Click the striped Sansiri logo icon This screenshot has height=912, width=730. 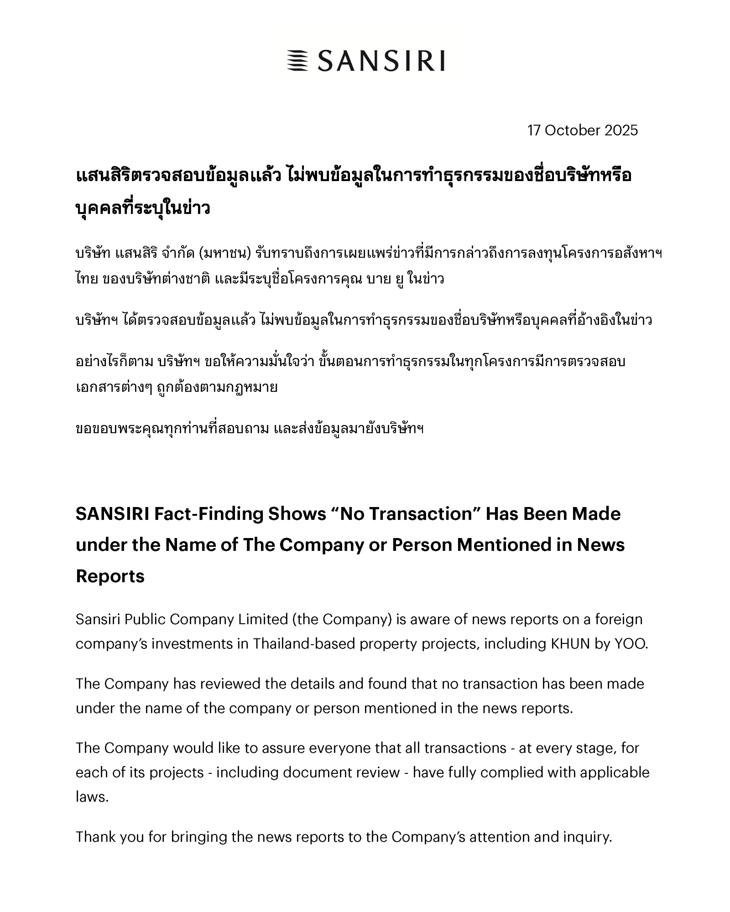coord(298,61)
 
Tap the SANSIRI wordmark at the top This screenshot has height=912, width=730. coord(381,61)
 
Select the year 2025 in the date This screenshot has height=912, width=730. coord(621,130)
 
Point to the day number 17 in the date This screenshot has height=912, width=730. coord(534,130)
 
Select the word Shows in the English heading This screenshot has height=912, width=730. coord(297,514)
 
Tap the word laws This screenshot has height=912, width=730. coord(92,797)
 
